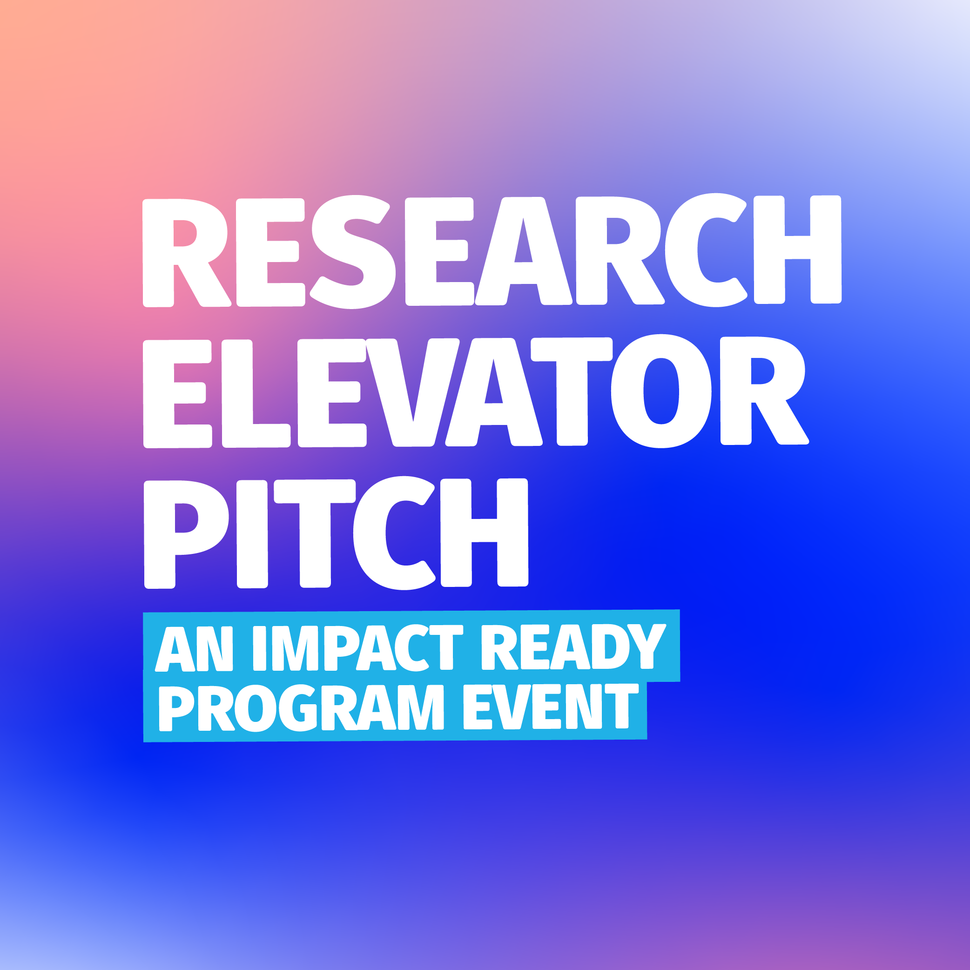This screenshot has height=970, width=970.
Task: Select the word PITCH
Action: click(336, 533)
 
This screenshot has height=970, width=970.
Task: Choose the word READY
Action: click(573, 647)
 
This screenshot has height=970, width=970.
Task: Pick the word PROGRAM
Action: click(301, 708)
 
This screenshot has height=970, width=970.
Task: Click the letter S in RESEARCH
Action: click(353, 251)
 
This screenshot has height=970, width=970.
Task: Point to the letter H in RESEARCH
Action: click(797, 249)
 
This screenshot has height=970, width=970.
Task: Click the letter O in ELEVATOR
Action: click(661, 391)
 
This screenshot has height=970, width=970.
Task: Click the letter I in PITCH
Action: click(252, 534)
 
